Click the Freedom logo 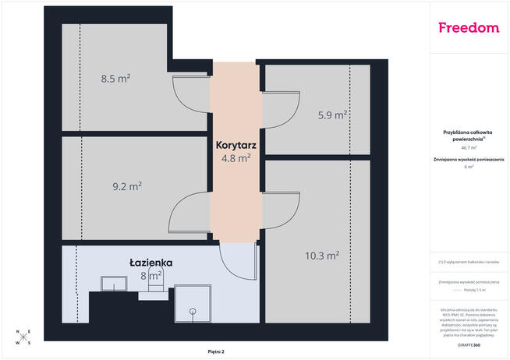coord(469,28)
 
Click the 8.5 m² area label coord(115,79)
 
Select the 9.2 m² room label coord(126,186)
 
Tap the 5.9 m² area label coord(332,115)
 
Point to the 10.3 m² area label coord(322,255)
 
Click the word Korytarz coord(237,145)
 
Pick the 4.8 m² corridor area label coord(236,158)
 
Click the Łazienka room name coord(151,263)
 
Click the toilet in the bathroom coord(153,289)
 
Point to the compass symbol coord(23,337)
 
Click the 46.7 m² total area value coord(469,147)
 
